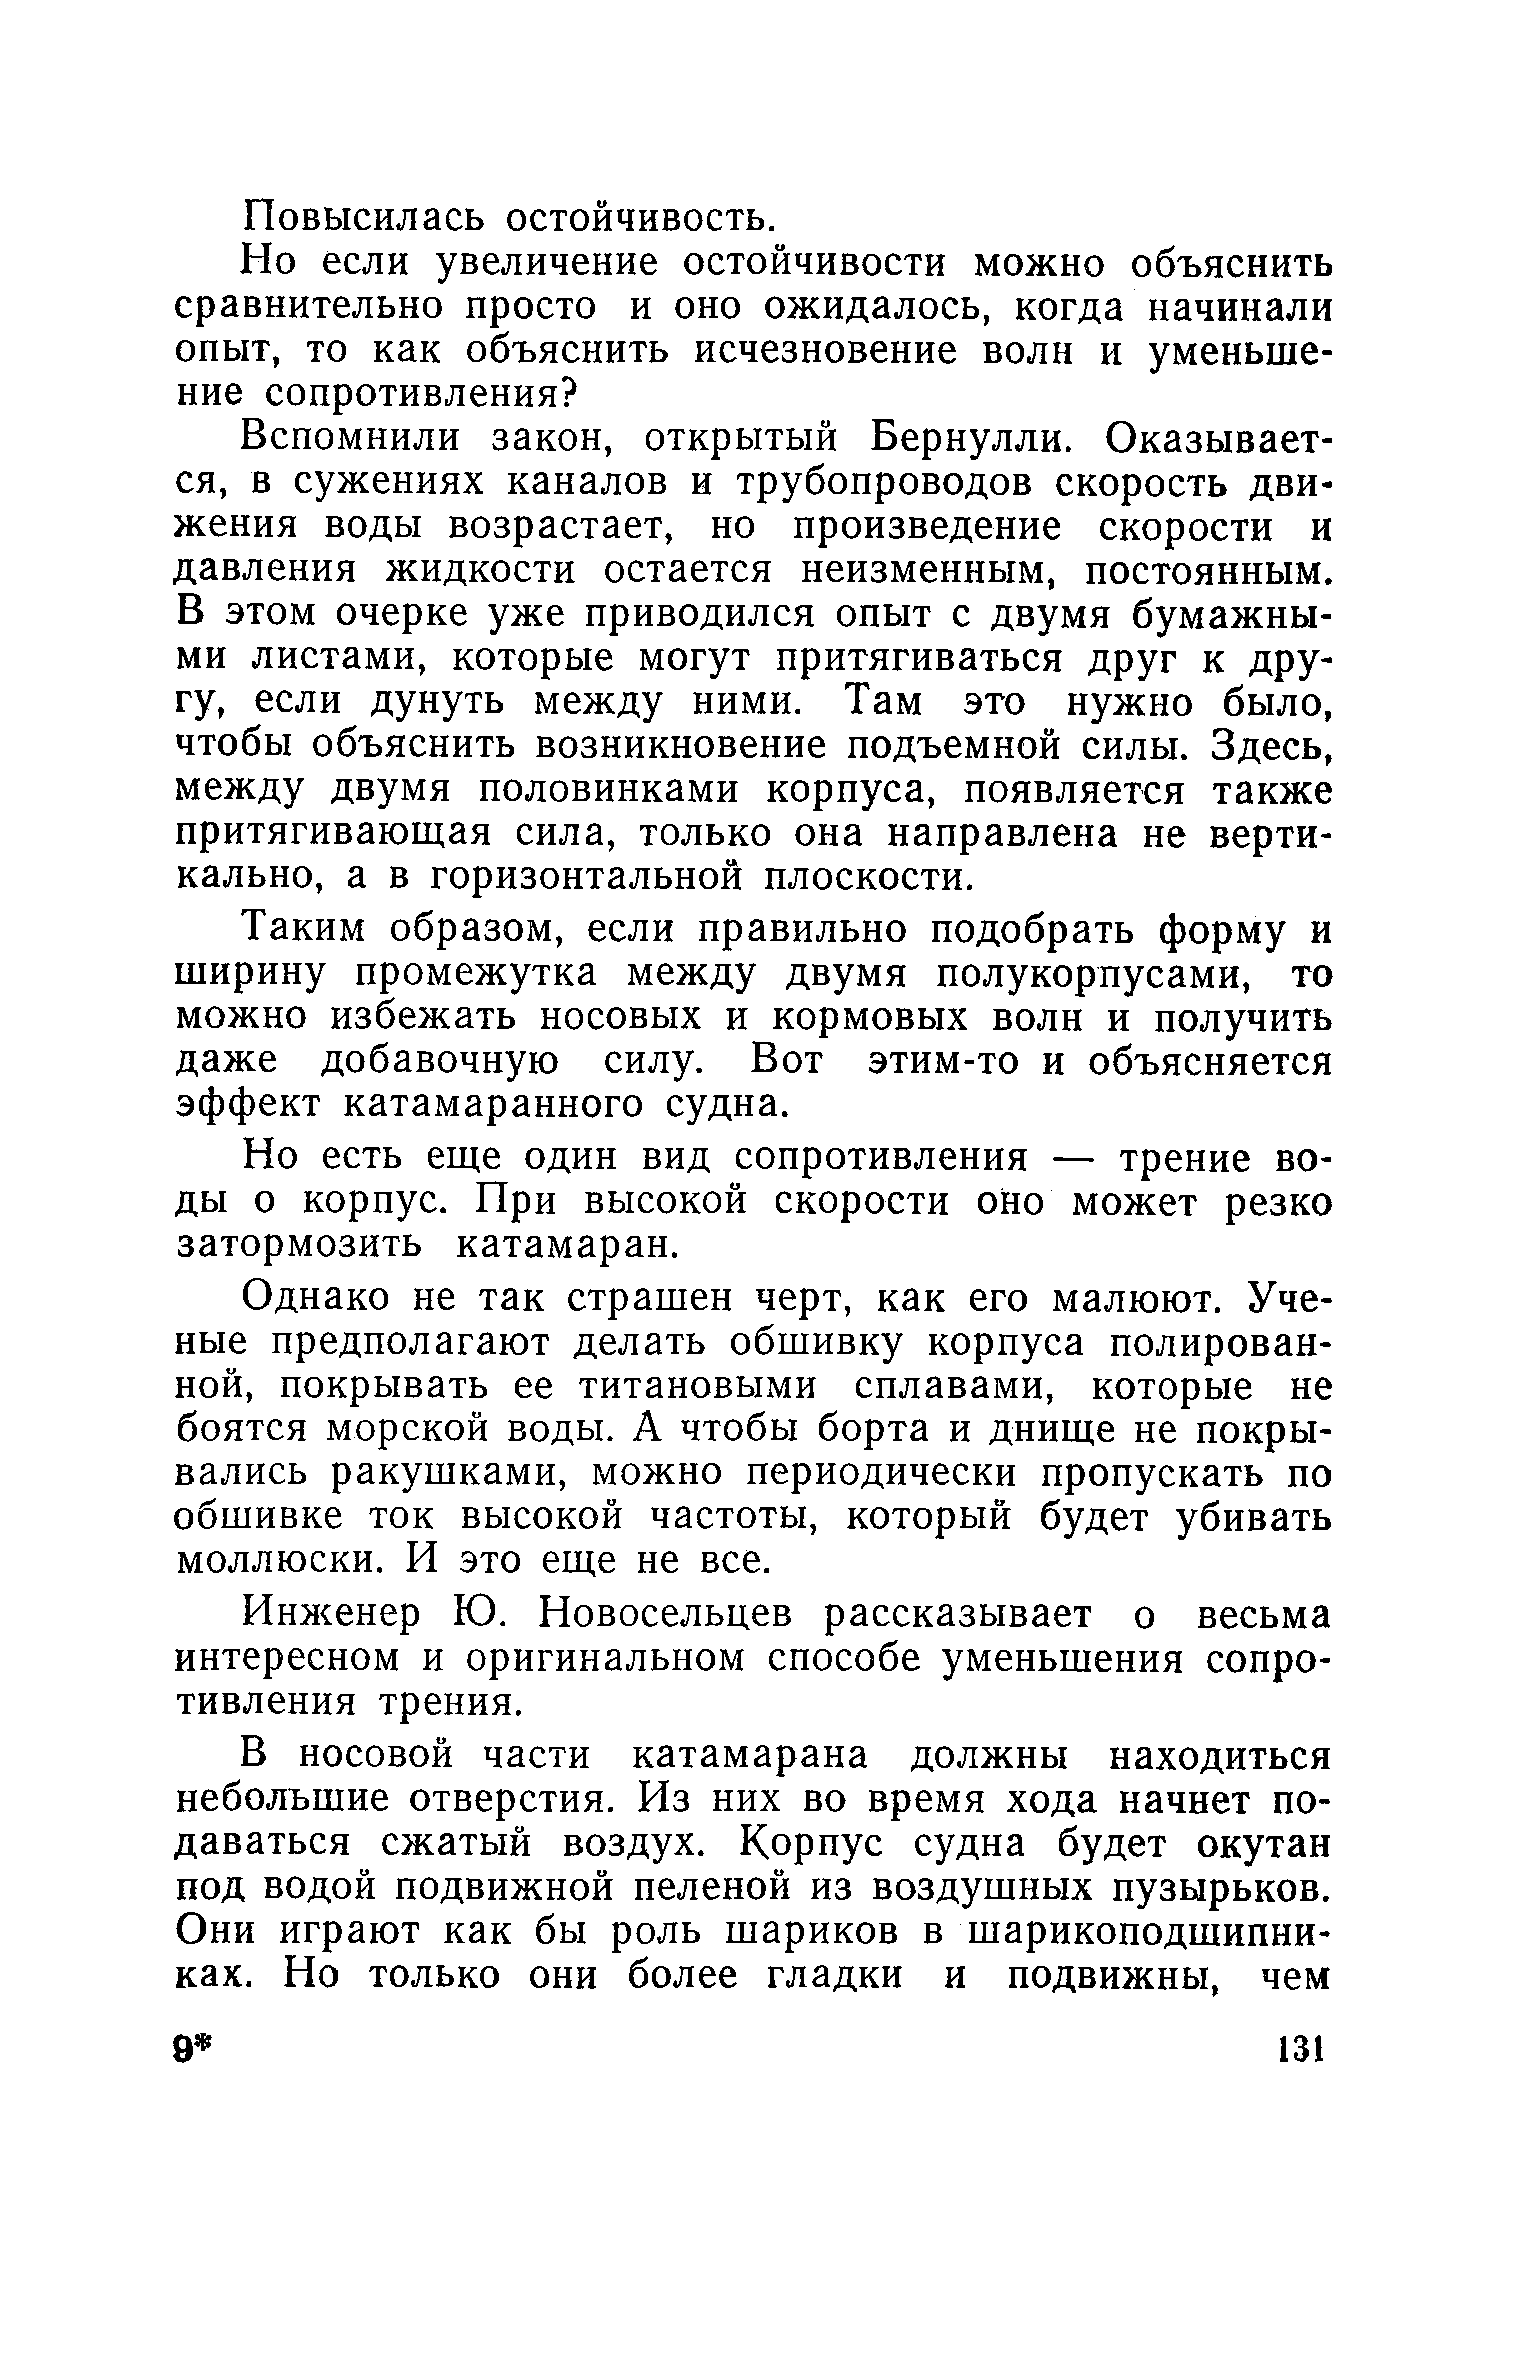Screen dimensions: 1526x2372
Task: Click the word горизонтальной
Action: tap(589, 879)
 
